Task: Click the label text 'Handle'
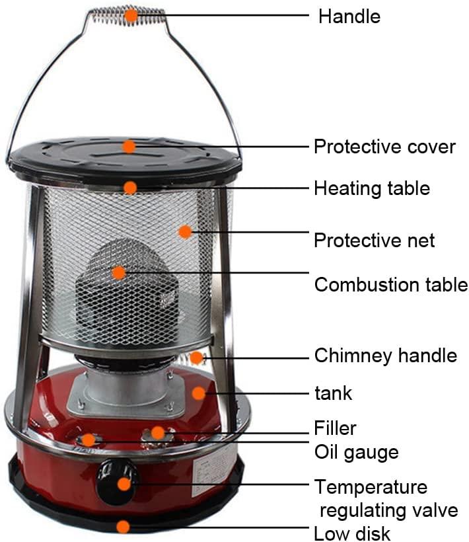(x=349, y=17)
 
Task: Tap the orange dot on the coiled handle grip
(x=131, y=16)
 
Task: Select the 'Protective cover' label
(x=384, y=147)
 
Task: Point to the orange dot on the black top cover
(x=129, y=147)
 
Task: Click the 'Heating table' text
(x=372, y=188)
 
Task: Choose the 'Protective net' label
(x=374, y=240)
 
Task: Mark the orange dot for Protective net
(x=185, y=231)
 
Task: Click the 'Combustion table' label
(x=391, y=284)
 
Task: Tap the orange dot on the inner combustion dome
(x=119, y=273)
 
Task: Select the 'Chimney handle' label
(x=385, y=356)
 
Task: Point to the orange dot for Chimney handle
(x=196, y=358)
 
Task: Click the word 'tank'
(x=334, y=393)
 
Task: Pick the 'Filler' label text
(x=335, y=428)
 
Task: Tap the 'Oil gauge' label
(x=357, y=452)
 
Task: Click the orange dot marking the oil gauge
(x=89, y=440)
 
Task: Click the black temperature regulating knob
(x=117, y=483)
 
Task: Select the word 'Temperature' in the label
(x=371, y=487)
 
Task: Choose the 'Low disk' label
(x=352, y=533)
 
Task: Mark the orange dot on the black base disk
(x=123, y=527)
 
